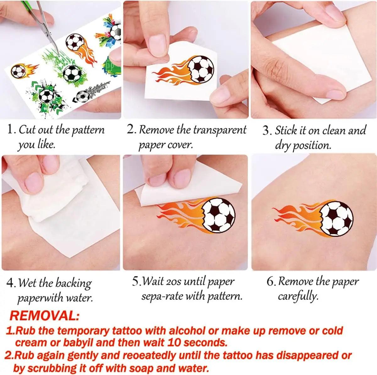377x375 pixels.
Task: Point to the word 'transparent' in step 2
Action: tap(220, 130)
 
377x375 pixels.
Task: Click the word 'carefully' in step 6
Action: tap(298, 296)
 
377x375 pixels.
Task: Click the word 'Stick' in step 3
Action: tap(286, 130)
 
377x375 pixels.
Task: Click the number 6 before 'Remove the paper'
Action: tap(270, 281)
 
